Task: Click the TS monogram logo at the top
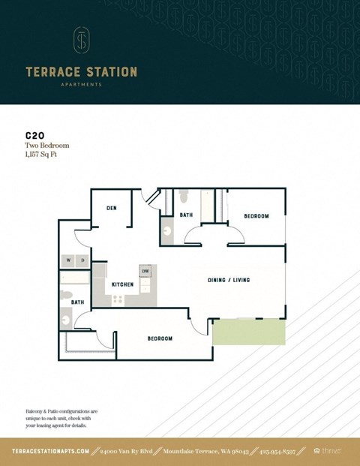pos(81,42)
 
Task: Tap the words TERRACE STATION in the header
pos(81,72)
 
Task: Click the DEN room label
pos(110,208)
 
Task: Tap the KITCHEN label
pos(122,284)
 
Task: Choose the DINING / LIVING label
pos(228,280)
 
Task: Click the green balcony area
pos(248,331)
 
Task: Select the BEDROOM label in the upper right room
pos(256,216)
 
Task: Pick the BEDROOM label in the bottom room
pos(160,338)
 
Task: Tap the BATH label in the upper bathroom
pos(186,215)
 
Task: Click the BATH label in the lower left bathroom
pos(77,302)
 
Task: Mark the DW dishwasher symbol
pos(145,270)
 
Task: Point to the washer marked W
pos(70,260)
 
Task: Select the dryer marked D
pos(82,260)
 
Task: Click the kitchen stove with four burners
pos(118,299)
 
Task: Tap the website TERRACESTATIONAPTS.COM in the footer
pos(51,451)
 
